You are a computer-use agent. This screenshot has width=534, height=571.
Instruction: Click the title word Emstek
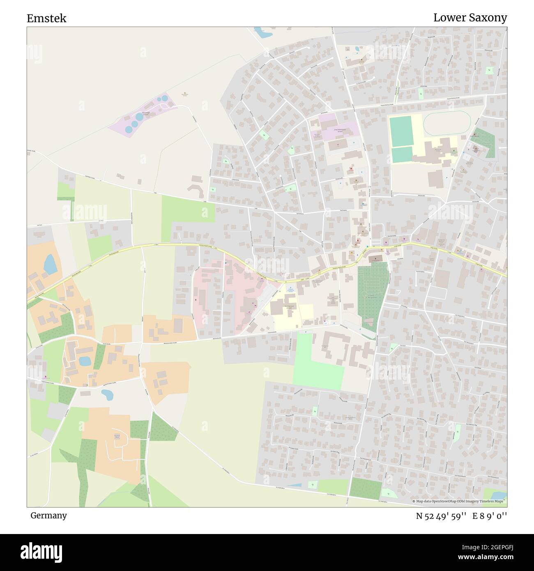pos(46,18)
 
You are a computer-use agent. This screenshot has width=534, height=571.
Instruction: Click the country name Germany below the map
pos(48,515)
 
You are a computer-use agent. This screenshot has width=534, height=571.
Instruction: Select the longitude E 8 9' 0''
pos(490,516)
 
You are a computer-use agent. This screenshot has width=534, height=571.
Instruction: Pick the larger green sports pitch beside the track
pos(401,131)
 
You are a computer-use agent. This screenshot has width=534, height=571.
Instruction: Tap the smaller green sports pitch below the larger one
pos(402,154)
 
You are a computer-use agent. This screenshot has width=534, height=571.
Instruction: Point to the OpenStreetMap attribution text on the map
pos(459,501)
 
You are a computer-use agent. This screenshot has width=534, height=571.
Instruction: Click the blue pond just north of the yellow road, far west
pos(49,264)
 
